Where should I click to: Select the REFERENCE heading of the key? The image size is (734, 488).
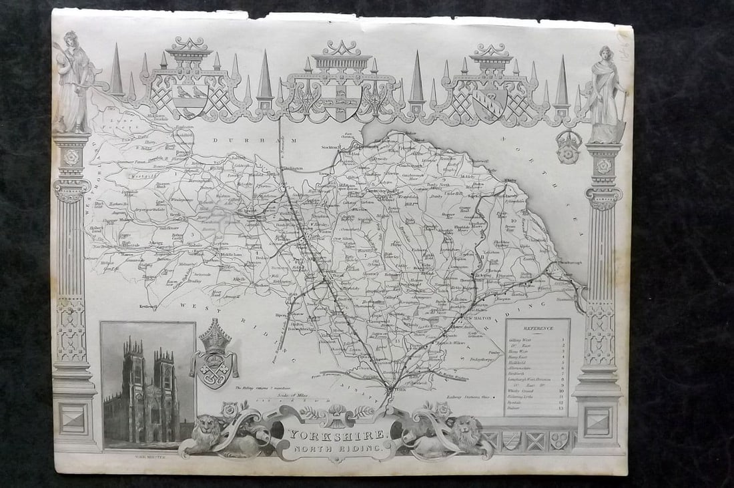537,328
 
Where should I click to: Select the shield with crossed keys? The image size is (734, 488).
214,370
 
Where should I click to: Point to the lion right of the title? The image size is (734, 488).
465,434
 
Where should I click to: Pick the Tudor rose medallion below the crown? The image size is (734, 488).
569,151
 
